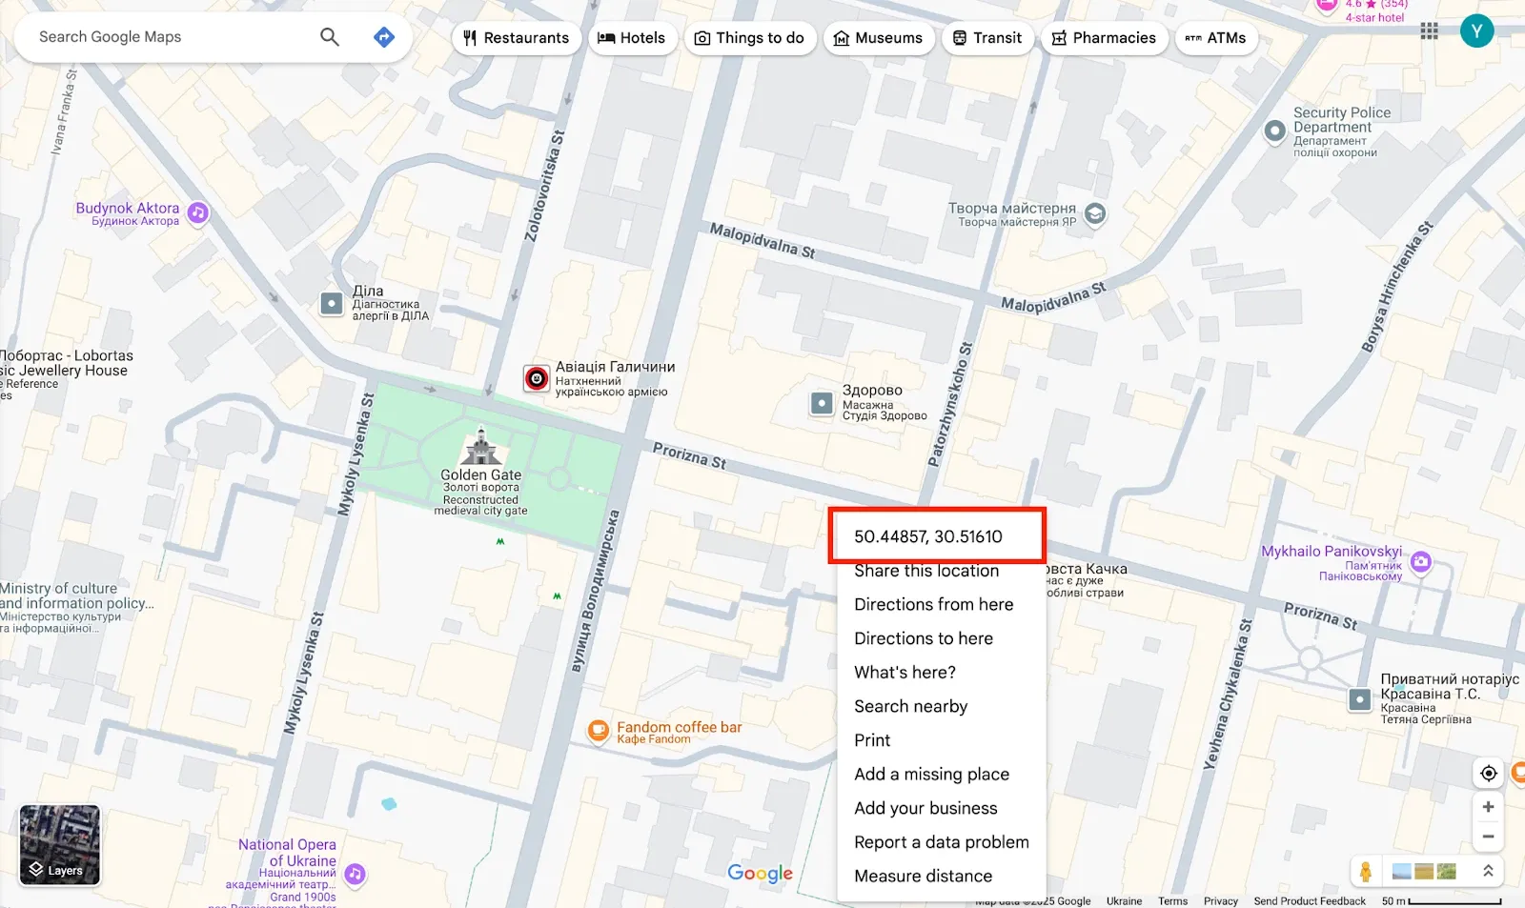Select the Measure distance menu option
(x=923, y=876)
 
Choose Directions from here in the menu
(x=933, y=604)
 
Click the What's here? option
(x=905, y=672)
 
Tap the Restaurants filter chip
(x=516, y=38)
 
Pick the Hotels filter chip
(x=631, y=38)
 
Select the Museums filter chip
(x=878, y=38)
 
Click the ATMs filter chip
(x=1215, y=38)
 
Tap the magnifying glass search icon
(x=330, y=37)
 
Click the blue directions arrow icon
(x=383, y=37)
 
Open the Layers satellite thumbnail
(x=59, y=844)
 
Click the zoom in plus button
(x=1488, y=807)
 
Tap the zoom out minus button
(x=1488, y=837)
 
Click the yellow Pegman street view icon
(x=1366, y=871)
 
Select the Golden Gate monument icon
(x=481, y=447)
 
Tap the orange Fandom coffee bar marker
(x=598, y=731)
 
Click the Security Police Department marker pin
(x=1274, y=131)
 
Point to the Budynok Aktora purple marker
(x=197, y=212)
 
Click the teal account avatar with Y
(x=1476, y=31)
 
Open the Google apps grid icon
(x=1429, y=31)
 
